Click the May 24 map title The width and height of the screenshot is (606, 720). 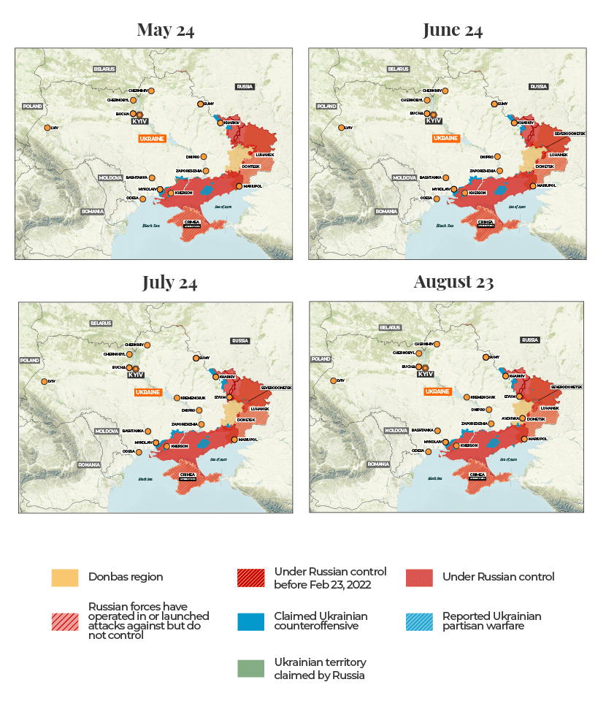166,30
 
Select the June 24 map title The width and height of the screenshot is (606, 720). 453,30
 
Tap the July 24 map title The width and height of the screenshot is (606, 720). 169,283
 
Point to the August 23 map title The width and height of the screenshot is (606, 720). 453,282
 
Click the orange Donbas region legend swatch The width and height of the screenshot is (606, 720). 64,577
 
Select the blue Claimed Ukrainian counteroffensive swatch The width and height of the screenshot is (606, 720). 250,622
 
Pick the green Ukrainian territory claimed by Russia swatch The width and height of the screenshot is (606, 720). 250,668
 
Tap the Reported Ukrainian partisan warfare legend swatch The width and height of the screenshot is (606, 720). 419,622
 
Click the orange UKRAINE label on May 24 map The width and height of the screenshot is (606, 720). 152,138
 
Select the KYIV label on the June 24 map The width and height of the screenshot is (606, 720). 434,120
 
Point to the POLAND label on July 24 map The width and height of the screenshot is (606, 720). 29,360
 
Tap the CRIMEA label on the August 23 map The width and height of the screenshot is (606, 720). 478,475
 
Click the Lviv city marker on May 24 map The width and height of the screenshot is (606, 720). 47,128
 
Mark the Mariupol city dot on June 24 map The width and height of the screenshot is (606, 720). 532,186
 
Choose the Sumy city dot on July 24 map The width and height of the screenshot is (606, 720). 195,358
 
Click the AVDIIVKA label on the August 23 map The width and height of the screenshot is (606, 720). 510,418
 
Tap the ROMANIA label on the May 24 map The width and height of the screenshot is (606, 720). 93,211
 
